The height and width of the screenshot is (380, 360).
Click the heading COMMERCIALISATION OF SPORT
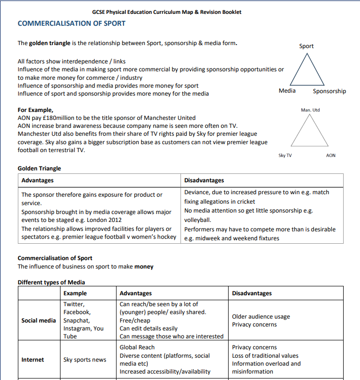pyautogui.click(x=71, y=23)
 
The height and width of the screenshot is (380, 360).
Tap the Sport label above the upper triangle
pyautogui.click(x=306, y=46)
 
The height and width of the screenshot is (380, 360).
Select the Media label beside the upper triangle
pyautogui.click(x=287, y=91)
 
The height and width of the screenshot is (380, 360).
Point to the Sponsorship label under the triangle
pyautogui.click(x=329, y=91)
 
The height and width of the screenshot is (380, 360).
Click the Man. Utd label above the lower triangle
pyautogui.click(x=310, y=109)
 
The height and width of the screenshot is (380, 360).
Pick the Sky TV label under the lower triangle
pyautogui.click(x=285, y=156)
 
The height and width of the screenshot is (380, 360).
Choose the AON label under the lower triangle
pyautogui.click(x=331, y=156)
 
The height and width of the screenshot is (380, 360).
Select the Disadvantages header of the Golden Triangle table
pyautogui.click(x=204, y=180)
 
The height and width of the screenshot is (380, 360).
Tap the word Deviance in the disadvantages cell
pyautogui.click(x=198, y=192)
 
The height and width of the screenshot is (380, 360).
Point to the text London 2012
pyautogui.click(x=105, y=220)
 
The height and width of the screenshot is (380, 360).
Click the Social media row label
pyautogui.click(x=39, y=321)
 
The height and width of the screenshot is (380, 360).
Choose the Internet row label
pyautogui.click(x=33, y=360)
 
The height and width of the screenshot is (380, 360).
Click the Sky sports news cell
pyautogui.click(x=84, y=360)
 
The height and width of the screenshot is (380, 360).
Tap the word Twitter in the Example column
pyautogui.click(x=74, y=304)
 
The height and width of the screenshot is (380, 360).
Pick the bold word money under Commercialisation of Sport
pyautogui.click(x=144, y=267)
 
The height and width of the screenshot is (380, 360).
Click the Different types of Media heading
pyautogui.click(x=51, y=282)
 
